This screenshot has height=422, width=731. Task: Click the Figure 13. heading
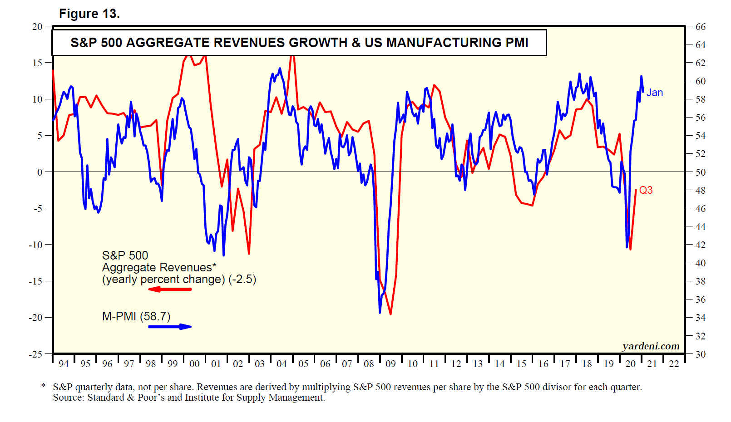89,14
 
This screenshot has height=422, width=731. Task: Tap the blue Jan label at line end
654,93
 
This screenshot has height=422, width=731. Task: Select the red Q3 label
646,190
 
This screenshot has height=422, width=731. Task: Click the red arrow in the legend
170,289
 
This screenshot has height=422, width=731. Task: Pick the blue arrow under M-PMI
170,326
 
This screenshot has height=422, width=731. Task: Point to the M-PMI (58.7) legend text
136,316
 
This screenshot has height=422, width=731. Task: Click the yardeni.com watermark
651,346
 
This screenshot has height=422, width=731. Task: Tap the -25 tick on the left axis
36,354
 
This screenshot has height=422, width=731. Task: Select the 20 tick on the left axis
37,27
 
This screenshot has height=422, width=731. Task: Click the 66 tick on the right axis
701,27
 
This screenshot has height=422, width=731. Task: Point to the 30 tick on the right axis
701,354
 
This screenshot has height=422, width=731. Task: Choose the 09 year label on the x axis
390,363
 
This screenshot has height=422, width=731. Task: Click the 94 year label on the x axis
64,363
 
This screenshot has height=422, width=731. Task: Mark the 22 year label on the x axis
674,363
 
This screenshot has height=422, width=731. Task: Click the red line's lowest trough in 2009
390,314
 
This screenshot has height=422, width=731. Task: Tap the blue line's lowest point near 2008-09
380,312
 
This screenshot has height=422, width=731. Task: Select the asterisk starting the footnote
43,386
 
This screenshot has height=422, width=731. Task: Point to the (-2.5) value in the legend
242,279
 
